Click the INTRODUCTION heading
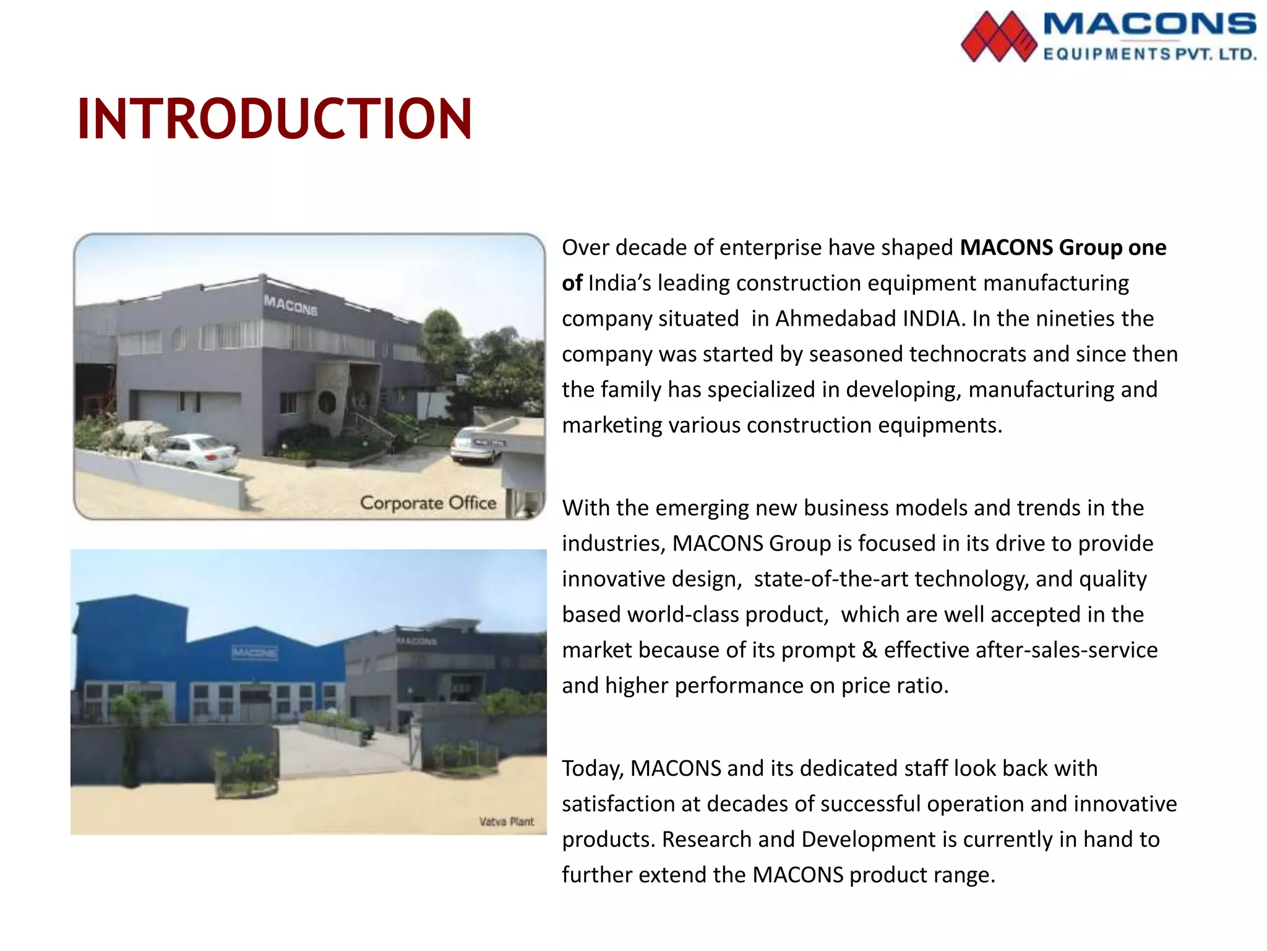click(x=275, y=119)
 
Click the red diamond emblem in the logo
click(x=998, y=37)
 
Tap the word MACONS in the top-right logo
click(x=1149, y=25)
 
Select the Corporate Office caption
click(x=428, y=503)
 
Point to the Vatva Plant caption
click(x=506, y=822)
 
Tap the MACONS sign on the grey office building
click(x=291, y=305)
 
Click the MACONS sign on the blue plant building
click(x=254, y=653)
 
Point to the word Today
click(x=592, y=769)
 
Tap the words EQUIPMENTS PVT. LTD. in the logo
click(x=1149, y=54)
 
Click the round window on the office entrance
click(x=327, y=402)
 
